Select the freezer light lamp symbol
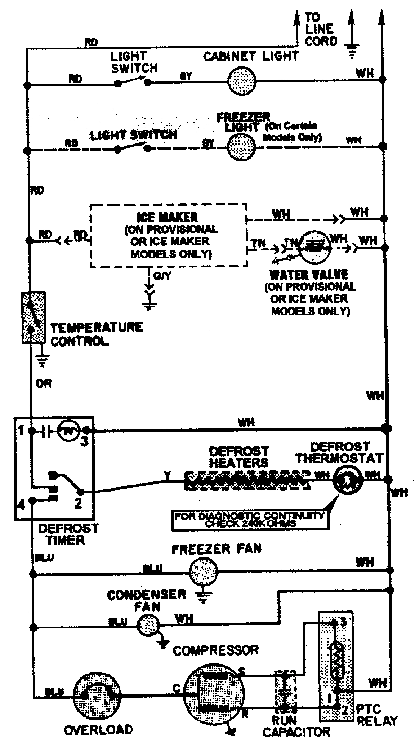241,147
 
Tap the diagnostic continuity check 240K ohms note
249,520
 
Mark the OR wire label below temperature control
44,384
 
